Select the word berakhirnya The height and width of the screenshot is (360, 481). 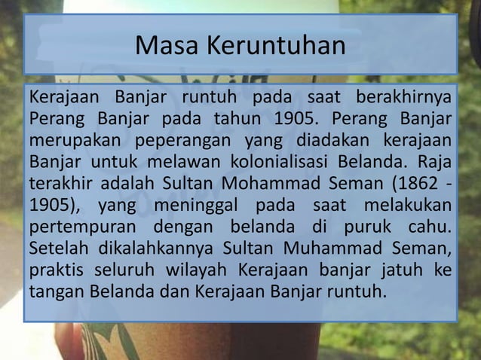(405, 99)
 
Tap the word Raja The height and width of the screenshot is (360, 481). (435, 162)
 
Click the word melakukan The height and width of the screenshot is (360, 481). (408, 205)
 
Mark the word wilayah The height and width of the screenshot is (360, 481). (189, 269)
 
